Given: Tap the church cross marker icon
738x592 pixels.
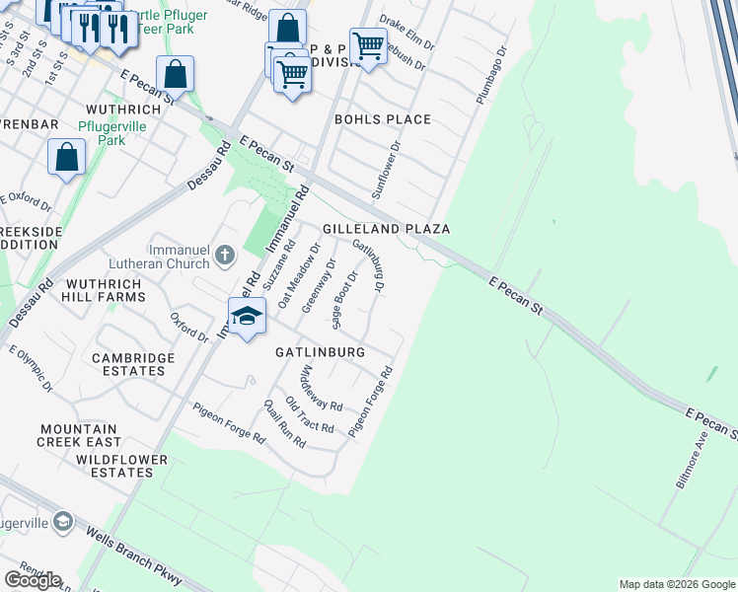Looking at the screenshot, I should (225, 257).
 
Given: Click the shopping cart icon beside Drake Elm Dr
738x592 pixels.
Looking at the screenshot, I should (368, 44).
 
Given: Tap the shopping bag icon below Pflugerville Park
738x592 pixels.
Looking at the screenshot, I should (66, 157).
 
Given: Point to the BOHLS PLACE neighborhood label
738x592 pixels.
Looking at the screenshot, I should (383, 119).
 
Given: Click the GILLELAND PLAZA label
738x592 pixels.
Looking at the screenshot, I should (387, 229).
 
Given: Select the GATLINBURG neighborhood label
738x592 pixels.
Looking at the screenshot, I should (320, 352).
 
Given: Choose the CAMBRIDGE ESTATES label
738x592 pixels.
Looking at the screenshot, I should (128, 364).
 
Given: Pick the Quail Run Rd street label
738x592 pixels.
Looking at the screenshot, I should (284, 424).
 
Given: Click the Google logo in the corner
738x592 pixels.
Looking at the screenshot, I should (32, 580).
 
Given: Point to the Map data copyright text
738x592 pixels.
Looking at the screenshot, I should (676, 584).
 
